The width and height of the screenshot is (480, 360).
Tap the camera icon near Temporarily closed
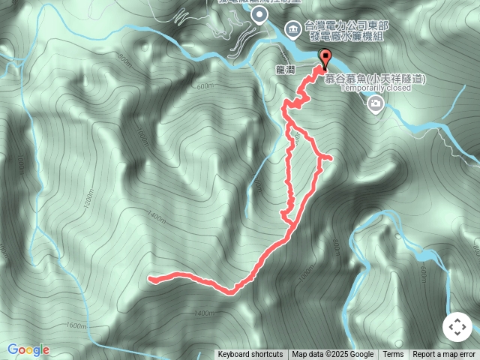[375, 107]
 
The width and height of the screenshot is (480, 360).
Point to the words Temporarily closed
[376, 87]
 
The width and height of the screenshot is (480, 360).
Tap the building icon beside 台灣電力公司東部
[293, 30]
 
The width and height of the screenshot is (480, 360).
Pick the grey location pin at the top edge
[259, 15]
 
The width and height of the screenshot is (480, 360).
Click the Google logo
[28, 349]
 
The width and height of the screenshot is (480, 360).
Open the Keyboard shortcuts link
[250, 355]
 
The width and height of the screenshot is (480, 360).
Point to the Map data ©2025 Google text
[332, 355]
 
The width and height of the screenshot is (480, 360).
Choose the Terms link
[393, 355]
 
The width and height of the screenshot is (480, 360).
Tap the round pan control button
[457, 327]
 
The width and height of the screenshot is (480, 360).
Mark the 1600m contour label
[76, 325]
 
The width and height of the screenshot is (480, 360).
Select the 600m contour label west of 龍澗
[205, 86]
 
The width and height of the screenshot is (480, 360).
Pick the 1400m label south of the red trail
[204, 313]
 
